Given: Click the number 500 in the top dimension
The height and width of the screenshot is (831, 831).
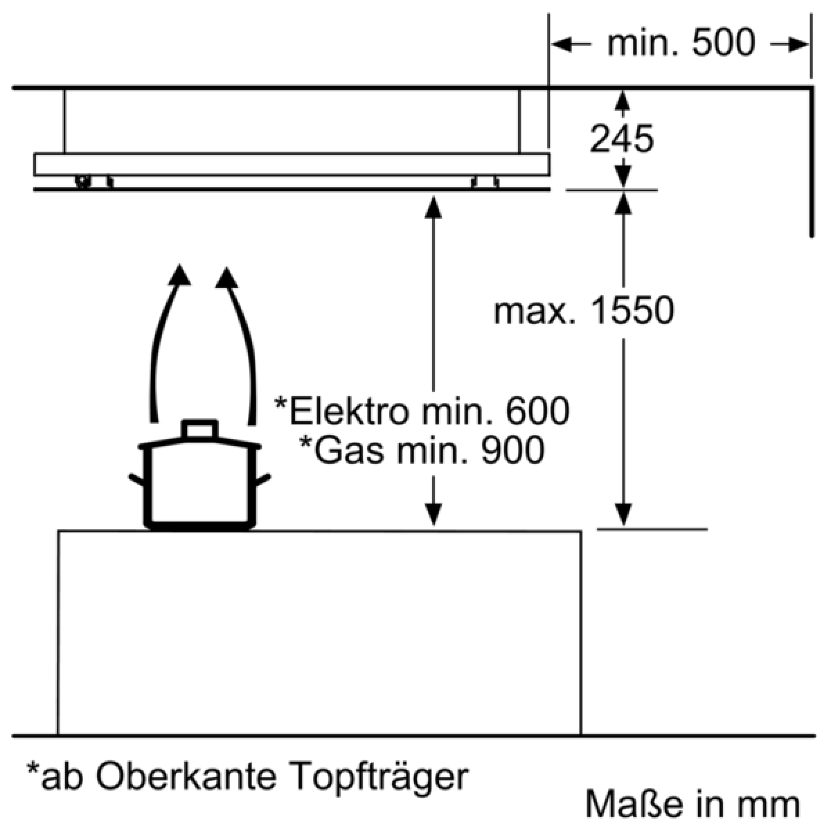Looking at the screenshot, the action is (x=724, y=42).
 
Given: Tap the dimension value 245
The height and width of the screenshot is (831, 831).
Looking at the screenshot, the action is (x=621, y=138).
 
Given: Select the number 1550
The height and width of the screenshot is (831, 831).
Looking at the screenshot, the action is (x=632, y=311).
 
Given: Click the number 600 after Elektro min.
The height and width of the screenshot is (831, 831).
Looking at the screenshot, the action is (x=537, y=412).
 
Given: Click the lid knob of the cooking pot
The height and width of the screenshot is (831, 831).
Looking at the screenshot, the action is (x=199, y=429).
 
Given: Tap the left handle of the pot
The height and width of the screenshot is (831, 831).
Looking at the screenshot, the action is (x=137, y=479).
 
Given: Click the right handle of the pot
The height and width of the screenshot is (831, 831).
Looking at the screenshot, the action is (x=262, y=479).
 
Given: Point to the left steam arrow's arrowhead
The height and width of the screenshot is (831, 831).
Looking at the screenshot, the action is (x=179, y=275).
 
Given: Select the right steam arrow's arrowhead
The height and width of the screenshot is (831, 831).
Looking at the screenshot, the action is (x=226, y=277).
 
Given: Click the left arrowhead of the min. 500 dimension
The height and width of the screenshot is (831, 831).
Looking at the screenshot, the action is (x=562, y=44).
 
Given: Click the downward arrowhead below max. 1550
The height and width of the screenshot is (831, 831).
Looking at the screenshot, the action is (x=623, y=515).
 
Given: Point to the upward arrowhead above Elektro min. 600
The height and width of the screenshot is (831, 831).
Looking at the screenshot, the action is (x=433, y=208).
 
